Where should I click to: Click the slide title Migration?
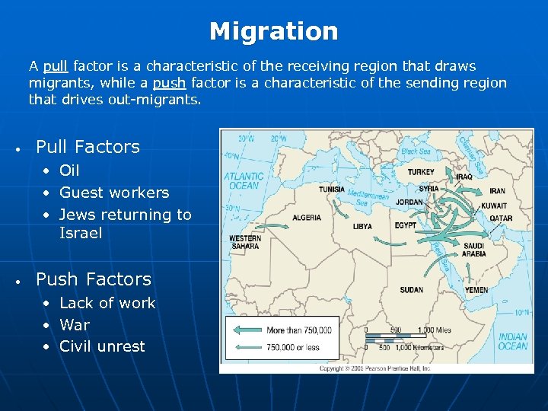pyautogui.click(x=273, y=31)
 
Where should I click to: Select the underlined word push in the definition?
pyautogui.click(x=168, y=83)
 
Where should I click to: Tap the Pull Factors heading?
pyautogui.click(x=88, y=146)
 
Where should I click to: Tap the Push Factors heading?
pyautogui.click(x=94, y=279)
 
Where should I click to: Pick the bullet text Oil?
pyautogui.click(x=69, y=170)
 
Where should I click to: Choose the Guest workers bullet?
pyautogui.click(x=114, y=193)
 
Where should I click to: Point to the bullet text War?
pyautogui.click(x=75, y=324)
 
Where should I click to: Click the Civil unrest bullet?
pyautogui.click(x=102, y=346)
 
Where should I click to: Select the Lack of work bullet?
pyautogui.click(x=107, y=303)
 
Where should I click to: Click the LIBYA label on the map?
pyautogui.click(x=362, y=226)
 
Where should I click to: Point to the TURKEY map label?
pyautogui.click(x=421, y=172)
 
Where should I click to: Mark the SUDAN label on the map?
pyautogui.click(x=411, y=289)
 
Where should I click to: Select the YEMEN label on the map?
pyautogui.click(x=476, y=290)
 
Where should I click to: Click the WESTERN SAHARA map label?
pyautogui.click(x=245, y=242)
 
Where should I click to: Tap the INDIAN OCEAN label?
pyautogui.click(x=513, y=342)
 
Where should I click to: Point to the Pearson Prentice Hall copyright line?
pyautogui.click(x=376, y=368)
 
